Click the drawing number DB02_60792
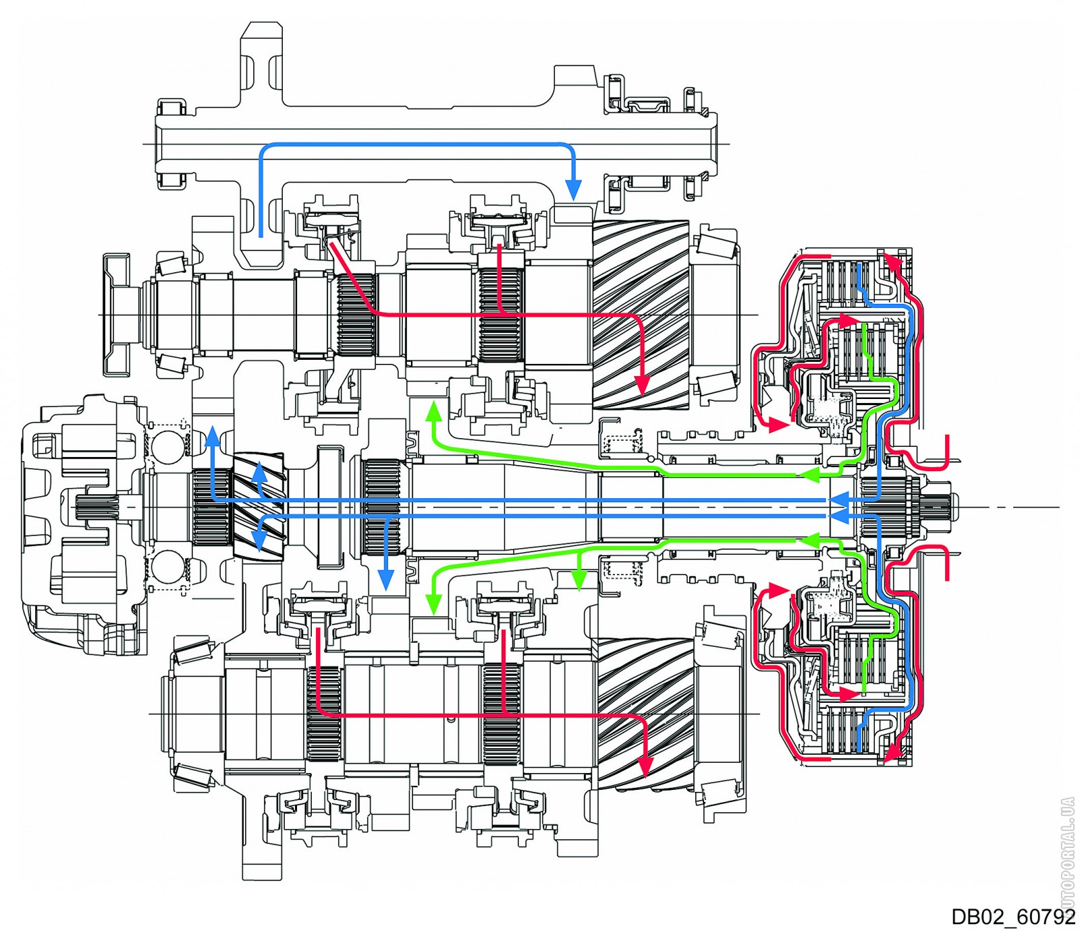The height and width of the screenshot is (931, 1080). [x=1012, y=916]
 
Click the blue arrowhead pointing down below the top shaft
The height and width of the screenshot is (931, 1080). [x=573, y=190]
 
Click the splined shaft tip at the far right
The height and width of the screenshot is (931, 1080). [x=942, y=505]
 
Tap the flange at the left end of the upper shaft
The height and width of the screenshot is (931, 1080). [x=116, y=315]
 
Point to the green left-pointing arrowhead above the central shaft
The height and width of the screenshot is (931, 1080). [x=811, y=475]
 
